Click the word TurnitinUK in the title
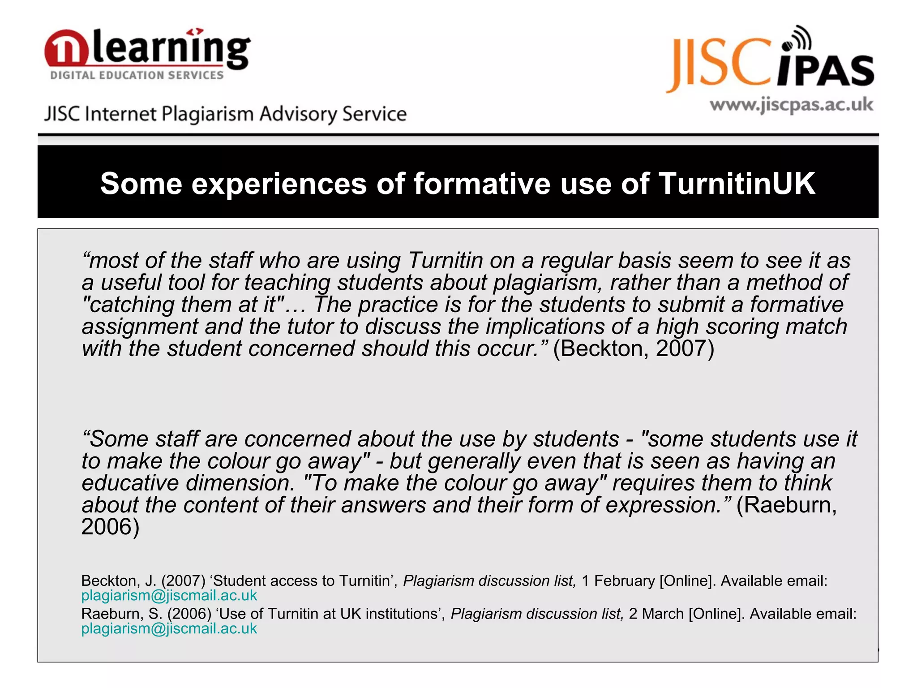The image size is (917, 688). click(737, 184)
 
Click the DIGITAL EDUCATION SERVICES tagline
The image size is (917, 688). click(137, 75)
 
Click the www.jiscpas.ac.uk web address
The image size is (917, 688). click(791, 105)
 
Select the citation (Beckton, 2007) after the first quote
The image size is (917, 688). click(633, 348)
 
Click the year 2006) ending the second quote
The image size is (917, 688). click(111, 527)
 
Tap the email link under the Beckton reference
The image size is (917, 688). click(169, 595)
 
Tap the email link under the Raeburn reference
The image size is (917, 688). click(169, 628)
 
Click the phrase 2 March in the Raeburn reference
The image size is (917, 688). click(656, 614)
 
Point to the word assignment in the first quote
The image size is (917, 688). click(140, 327)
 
